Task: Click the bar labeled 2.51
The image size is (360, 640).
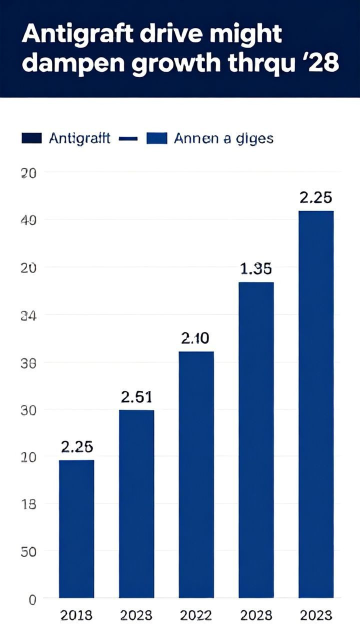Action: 136,503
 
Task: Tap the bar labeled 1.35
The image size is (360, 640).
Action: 256,439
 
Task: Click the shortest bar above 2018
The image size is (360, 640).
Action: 76,528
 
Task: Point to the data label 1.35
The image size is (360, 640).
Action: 256,269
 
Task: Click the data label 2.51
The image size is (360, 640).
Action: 136,397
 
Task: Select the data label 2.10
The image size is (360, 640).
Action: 196,338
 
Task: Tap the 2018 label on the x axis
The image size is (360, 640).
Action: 76,615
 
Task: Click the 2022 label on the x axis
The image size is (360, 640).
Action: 196,615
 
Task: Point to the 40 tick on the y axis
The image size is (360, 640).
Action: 29,220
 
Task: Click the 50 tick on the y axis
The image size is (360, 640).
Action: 29,551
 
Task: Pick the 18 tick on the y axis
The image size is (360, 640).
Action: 29,504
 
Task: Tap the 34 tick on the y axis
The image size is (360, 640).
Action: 29,315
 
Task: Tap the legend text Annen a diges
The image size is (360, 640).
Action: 223,138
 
